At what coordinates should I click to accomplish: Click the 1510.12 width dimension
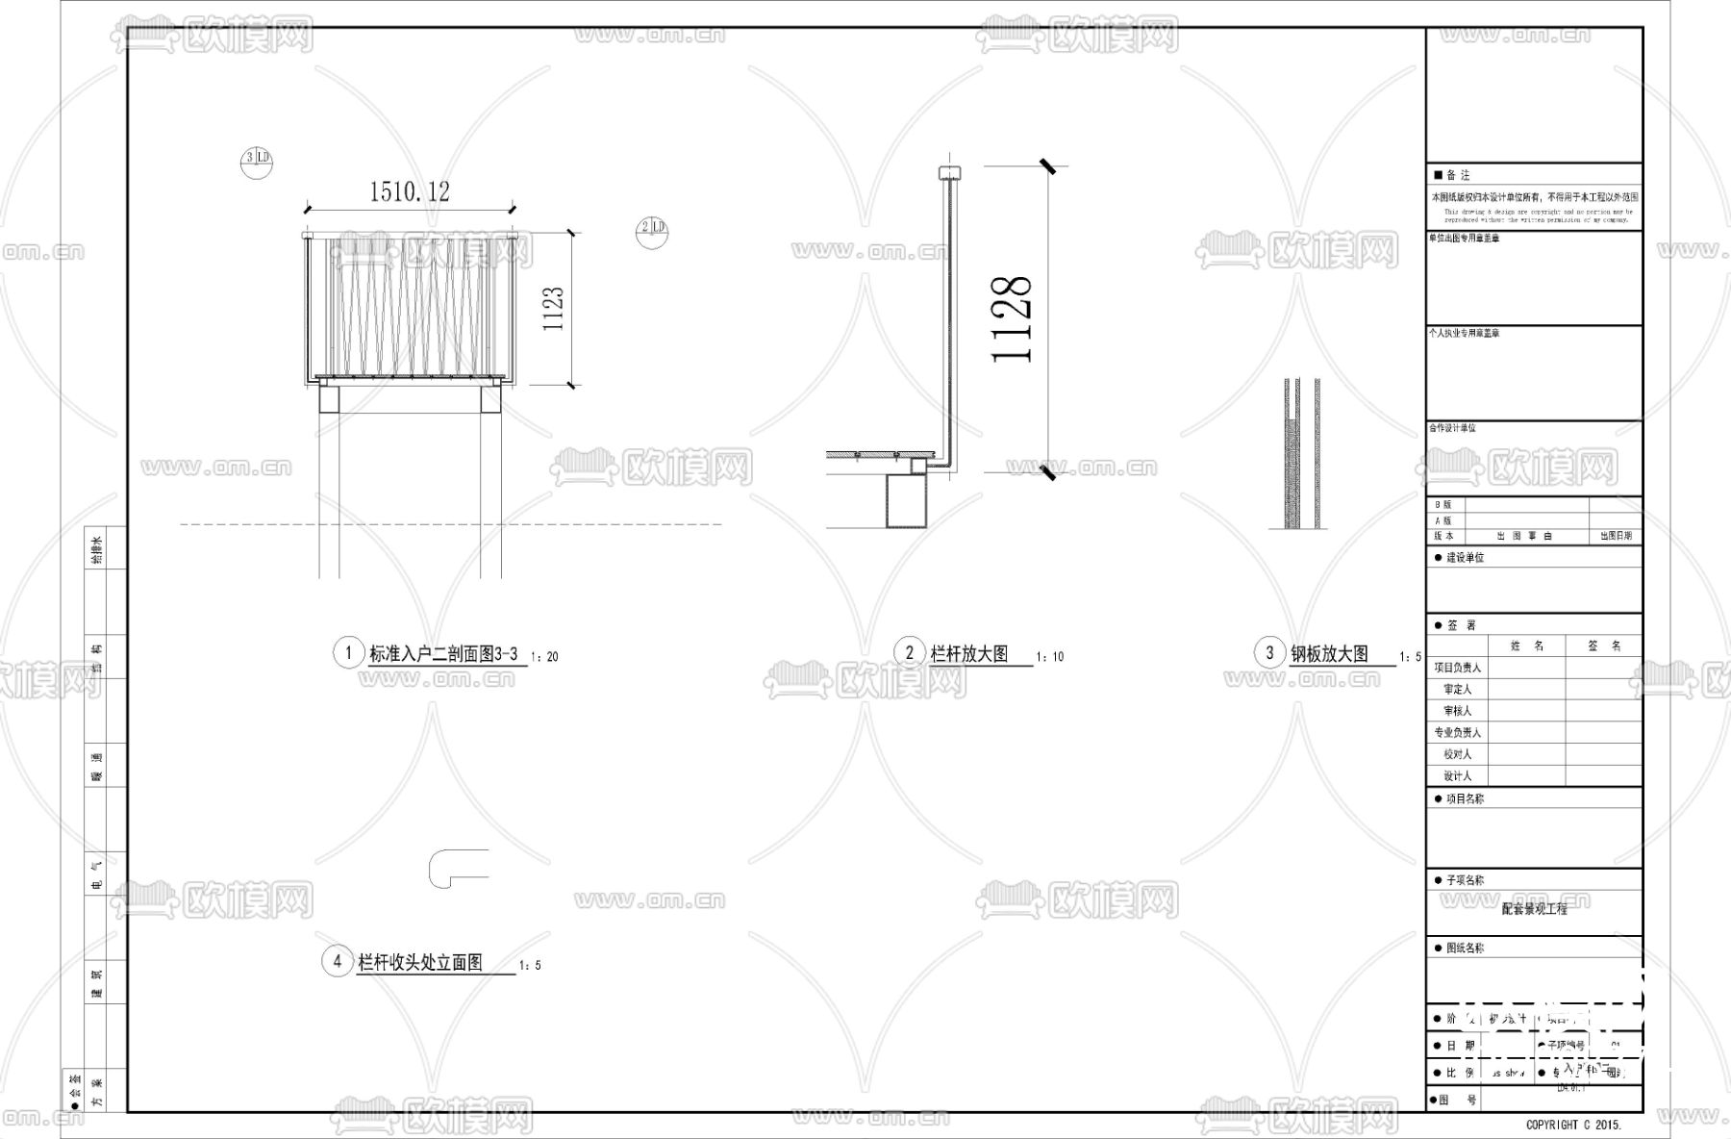point(409,191)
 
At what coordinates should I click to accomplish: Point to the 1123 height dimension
point(553,309)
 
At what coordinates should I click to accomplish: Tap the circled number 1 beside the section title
point(348,652)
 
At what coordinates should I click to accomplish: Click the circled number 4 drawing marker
point(337,961)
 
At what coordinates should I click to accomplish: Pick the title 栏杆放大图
point(969,653)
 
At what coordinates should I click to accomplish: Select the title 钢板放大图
point(1329,653)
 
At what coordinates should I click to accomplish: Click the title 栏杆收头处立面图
point(420,962)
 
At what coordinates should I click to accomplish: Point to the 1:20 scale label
point(544,657)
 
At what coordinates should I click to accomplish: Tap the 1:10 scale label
point(1050,657)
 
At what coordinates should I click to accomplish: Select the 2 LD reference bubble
point(652,228)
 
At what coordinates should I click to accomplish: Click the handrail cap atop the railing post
point(949,172)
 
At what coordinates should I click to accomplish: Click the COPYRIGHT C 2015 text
point(1573,1124)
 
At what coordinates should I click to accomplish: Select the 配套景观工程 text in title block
point(1535,909)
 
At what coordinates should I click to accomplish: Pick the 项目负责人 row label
point(1458,668)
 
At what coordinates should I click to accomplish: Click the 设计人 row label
point(1458,776)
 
